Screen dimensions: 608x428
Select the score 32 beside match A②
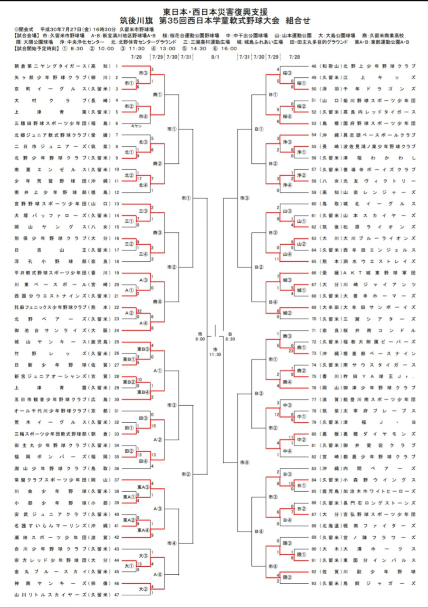click(x=138, y=311)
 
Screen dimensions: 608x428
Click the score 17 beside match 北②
click(x=138, y=178)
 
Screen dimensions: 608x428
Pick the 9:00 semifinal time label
click(x=200, y=339)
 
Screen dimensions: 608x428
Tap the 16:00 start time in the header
click(x=229, y=49)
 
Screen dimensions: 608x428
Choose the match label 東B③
click(x=143, y=349)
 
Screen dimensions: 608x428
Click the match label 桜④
click(x=287, y=116)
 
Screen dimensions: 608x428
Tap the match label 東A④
click(x=143, y=530)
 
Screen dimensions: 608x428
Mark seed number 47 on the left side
click(x=116, y=594)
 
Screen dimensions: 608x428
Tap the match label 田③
click(x=143, y=418)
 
